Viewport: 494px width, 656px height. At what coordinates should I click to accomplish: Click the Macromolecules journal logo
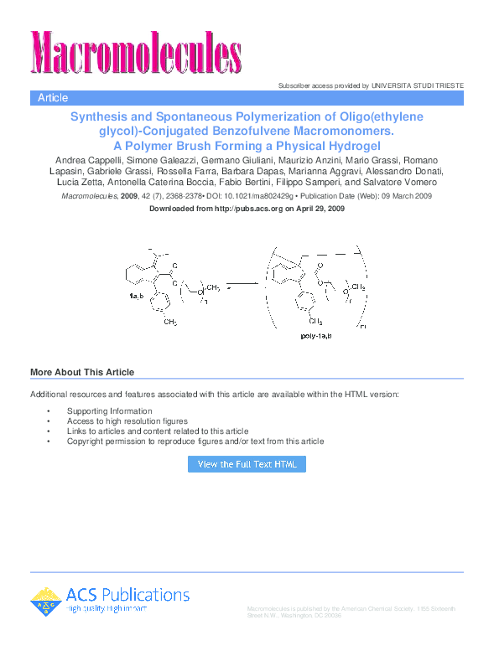coord(137,50)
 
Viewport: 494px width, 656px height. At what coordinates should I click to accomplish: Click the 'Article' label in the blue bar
coord(53,98)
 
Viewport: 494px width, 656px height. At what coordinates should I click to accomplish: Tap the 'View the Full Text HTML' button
coord(247,464)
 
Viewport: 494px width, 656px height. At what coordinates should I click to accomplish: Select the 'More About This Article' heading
coord(82,373)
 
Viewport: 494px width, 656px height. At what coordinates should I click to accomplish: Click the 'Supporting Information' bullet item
coord(110,411)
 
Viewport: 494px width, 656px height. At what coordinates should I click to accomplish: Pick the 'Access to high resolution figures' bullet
coord(127,421)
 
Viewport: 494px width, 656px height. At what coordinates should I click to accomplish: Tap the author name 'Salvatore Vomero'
coord(408,182)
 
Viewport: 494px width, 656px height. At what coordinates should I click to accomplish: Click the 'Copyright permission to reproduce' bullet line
coord(195,442)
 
